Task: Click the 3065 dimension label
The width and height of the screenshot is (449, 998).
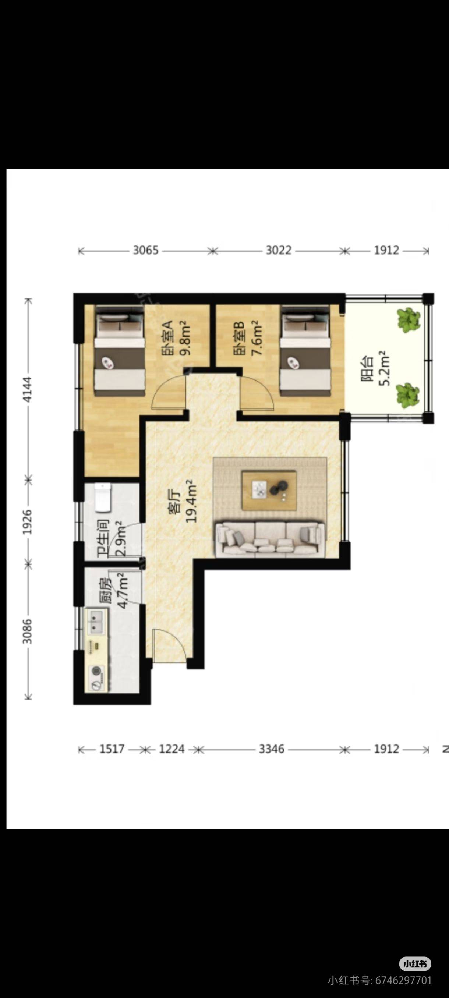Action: [x=146, y=250]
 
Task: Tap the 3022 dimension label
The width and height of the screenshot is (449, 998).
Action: [x=278, y=250]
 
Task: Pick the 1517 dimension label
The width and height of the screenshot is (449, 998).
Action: [x=112, y=749]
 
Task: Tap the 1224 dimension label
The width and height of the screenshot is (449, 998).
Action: [x=172, y=749]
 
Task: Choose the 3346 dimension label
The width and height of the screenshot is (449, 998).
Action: [x=272, y=749]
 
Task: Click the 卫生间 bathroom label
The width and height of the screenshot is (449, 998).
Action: [x=103, y=538]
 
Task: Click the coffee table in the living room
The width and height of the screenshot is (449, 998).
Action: [x=269, y=490]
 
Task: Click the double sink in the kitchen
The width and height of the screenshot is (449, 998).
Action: [x=95, y=622]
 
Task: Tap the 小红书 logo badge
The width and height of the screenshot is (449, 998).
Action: [x=415, y=963]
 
